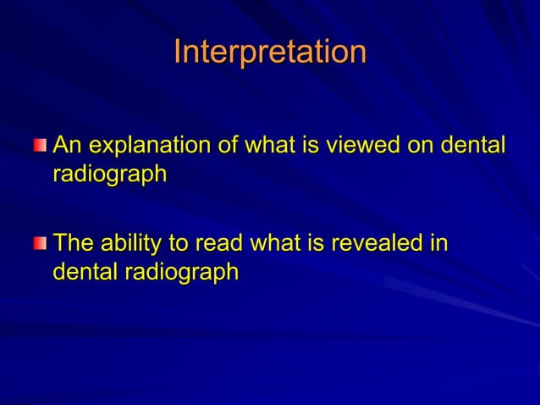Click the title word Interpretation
point(270,53)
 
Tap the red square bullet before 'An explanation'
point(41,147)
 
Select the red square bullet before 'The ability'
point(41,245)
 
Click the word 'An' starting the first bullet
point(68,146)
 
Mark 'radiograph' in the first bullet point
point(109,175)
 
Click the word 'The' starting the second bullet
point(73,244)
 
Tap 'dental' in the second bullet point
point(80,273)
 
